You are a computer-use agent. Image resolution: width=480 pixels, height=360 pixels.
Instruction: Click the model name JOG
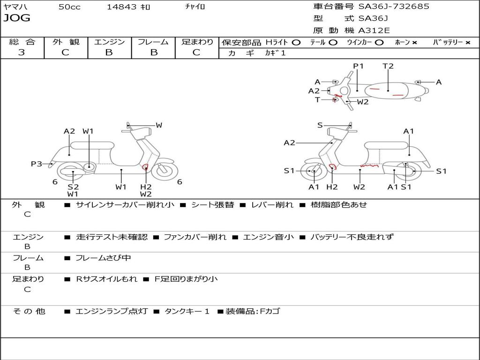[x=17, y=18]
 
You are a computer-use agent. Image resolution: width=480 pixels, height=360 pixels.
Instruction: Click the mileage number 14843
[x=121, y=7]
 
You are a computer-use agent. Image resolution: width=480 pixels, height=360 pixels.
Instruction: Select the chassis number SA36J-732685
[x=394, y=7]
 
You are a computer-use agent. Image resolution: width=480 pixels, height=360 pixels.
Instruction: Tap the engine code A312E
[x=374, y=31]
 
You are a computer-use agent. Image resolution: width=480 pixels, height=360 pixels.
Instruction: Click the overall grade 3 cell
[x=22, y=52]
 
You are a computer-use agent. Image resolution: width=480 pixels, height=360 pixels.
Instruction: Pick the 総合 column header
[x=22, y=42]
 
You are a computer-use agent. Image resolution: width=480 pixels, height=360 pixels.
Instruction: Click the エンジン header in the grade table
[x=109, y=42]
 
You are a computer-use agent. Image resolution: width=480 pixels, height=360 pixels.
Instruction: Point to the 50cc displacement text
[x=69, y=7]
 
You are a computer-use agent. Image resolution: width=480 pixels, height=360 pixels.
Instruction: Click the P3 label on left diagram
[x=37, y=164]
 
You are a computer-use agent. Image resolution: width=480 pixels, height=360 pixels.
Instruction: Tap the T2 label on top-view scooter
[x=388, y=66]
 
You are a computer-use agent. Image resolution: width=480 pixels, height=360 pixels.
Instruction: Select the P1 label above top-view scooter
[x=359, y=66]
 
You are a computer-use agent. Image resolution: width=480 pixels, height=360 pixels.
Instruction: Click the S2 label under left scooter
[x=73, y=187]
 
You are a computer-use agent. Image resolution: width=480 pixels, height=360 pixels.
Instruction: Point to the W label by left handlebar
[x=159, y=125]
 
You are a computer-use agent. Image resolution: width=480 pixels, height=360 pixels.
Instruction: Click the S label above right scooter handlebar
[x=320, y=125]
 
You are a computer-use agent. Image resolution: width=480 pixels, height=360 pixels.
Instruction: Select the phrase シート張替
[x=212, y=205]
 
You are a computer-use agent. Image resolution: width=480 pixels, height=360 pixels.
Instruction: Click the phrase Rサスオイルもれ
[x=106, y=279]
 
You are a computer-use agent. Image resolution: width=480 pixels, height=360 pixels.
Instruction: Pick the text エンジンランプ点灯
[x=112, y=311]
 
